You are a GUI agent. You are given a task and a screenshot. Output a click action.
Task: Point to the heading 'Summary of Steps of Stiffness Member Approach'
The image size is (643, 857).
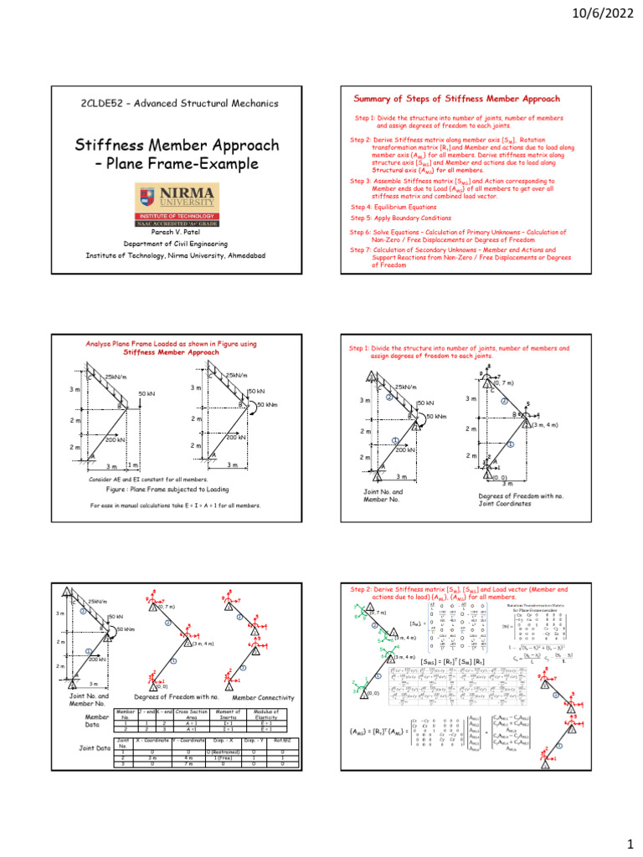coord(458,99)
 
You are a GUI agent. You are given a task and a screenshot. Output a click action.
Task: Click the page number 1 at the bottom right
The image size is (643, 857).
coord(626,841)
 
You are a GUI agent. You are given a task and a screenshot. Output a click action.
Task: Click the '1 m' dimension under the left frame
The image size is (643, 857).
coord(132,464)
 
